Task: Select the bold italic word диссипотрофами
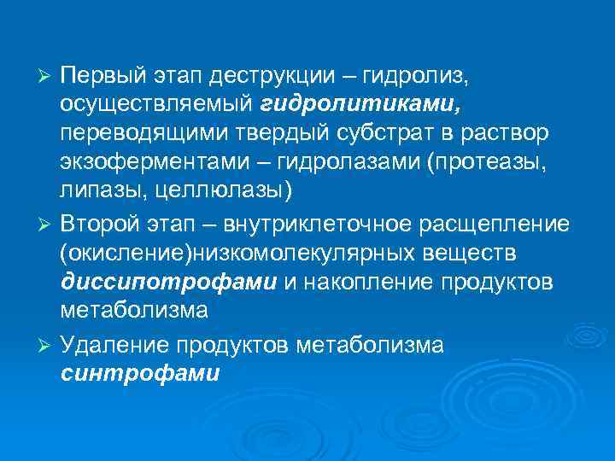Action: tap(169, 281)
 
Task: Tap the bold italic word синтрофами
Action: tap(140, 372)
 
